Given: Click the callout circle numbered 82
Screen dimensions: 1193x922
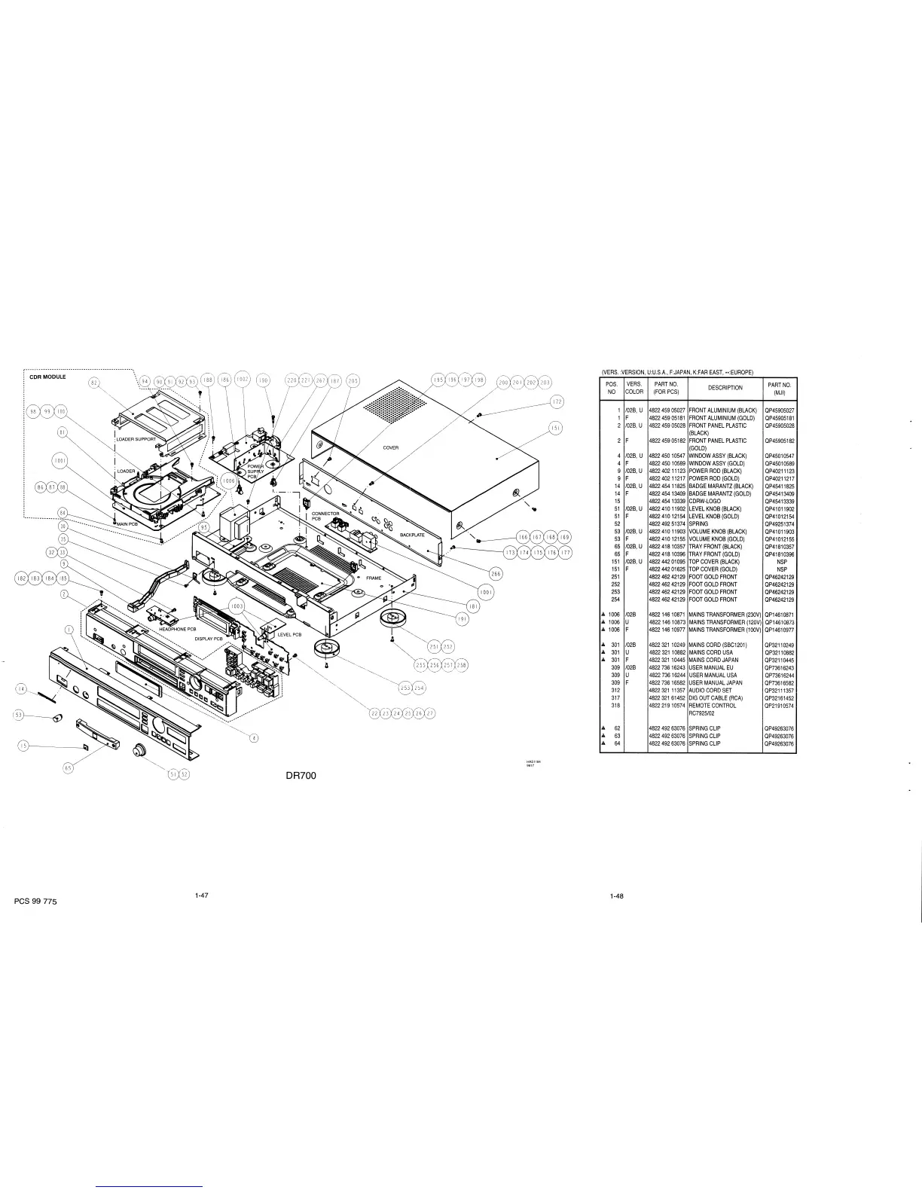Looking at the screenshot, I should click(x=95, y=383).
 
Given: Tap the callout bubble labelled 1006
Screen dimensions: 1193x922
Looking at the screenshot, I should click(x=229, y=479).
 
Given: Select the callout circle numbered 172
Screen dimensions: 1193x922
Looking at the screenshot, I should click(x=556, y=401).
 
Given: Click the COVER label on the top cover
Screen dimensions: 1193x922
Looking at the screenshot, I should click(x=390, y=447).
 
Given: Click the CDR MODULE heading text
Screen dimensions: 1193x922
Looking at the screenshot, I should click(x=47, y=377).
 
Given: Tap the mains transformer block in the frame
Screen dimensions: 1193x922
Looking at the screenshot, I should click(x=235, y=520).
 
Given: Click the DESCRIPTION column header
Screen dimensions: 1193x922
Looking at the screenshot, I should click(x=725, y=388).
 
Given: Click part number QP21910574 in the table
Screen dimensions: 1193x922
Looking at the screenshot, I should click(x=779, y=706).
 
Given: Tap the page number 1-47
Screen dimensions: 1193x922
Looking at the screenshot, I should click(x=200, y=896).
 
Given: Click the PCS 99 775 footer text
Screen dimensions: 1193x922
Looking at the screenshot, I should click(x=35, y=902).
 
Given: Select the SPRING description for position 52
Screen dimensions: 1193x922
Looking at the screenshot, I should click(x=698, y=523).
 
